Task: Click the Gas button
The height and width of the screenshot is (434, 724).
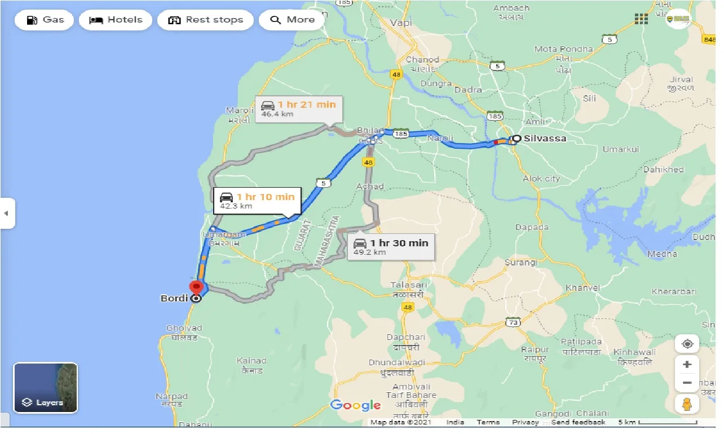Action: [45, 20]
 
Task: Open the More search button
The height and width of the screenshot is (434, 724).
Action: [292, 20]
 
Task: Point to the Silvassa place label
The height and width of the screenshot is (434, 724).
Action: [544, 138]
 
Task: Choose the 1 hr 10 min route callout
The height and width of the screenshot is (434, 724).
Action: [258, 201]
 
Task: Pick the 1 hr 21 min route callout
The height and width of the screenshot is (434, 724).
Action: [298, 109]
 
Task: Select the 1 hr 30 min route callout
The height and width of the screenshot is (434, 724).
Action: [391, 247]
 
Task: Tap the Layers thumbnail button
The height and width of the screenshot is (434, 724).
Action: [46, 387]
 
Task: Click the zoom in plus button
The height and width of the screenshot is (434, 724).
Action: [687, 364]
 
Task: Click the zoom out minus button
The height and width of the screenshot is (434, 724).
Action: [687, 383]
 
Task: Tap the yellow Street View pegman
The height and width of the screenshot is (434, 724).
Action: [687, 404]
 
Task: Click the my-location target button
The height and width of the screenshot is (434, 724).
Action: [687, 344]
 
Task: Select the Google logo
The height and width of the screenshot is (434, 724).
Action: [355, 405]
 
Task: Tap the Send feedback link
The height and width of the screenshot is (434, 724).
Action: [579, 422]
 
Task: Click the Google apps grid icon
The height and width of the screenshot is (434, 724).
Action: [641, 19]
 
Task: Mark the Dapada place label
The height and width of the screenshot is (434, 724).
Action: [532, 227]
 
